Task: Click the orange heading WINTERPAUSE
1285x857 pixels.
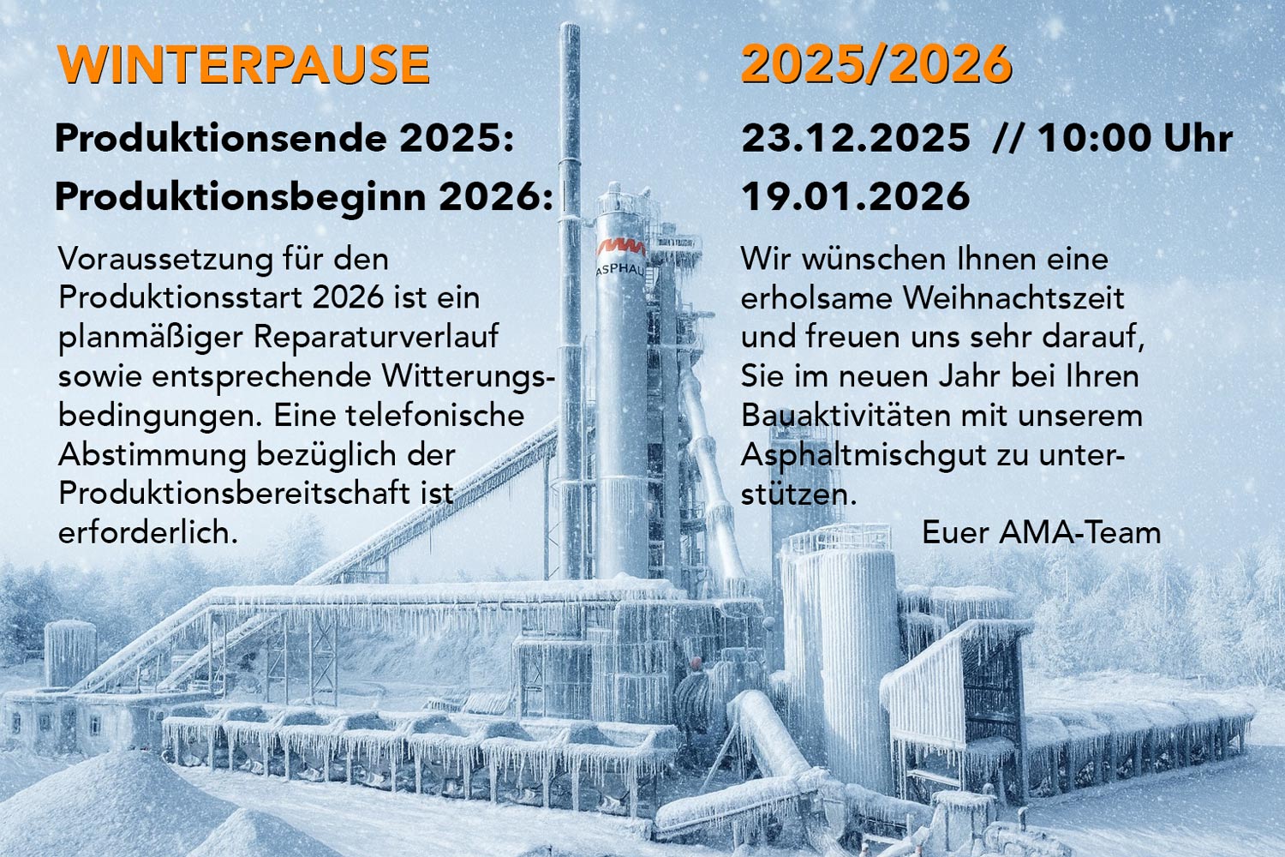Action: [x=243, y=64]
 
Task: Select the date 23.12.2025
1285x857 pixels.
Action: [x=856, y=139]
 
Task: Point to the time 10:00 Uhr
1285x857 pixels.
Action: [x=1136, y=139]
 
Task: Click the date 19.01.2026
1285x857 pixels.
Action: [x=856, y=196]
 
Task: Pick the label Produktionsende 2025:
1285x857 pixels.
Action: [x=284, y=139]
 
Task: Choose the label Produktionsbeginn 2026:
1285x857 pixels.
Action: [x=305, y=197]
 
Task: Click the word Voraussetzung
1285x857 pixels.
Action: [x=164, y=260]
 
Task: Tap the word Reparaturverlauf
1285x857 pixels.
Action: [x=376, y=338]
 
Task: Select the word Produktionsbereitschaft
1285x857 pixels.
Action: [x=235, y=494]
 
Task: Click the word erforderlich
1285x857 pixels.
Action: [x=148, y=533]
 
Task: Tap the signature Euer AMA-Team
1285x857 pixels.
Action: [x=1042, y=533]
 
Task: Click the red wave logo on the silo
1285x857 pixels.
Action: [x=621, y=248]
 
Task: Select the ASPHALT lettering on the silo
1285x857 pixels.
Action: [x=621, y=271]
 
